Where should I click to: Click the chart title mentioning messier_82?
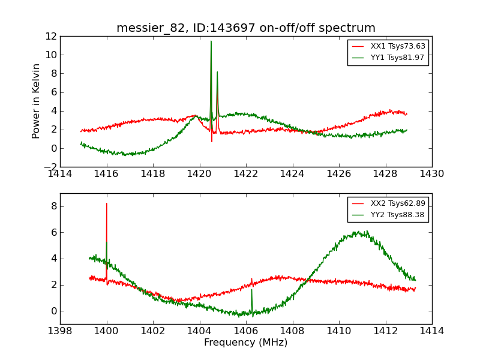click(x=246, y=28)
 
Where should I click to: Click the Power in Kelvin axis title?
click(x=37, y=101)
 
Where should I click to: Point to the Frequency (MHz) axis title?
click(x=246, y=343)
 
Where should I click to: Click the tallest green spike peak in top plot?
click(x=211, y=41)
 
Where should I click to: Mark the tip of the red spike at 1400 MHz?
click(x=107, y=203)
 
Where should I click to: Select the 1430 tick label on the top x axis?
click(x=431, y=174)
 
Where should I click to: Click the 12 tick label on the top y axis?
click(x=50, y=36)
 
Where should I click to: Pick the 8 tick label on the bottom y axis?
click(x=53, y=206)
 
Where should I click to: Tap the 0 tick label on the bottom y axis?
click(x=53, y=311)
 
